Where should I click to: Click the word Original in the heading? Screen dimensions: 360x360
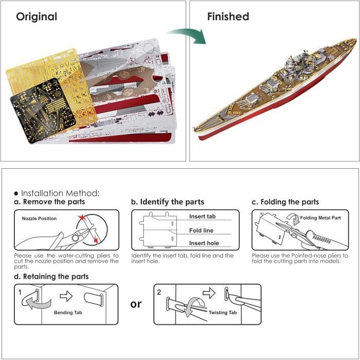click(x=37, y=17)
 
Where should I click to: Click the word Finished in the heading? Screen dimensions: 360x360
click(x=228, y=16)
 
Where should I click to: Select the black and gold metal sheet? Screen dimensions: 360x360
click(x=43, y=111)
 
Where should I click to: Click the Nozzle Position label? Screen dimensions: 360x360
click(x=39, y=219)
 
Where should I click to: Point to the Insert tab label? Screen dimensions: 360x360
click(x=202, y=217)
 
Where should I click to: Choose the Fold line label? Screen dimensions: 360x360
click(x=201, y=230)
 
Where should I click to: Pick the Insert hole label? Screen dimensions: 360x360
click(x=204, y=243)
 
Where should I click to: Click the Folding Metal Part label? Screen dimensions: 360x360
click(x=320, y=218)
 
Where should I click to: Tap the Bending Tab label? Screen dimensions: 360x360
click(x=68, y=313)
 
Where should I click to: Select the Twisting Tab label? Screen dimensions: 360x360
click(x=223, y=313)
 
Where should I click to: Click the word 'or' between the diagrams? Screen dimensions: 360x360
click(x=136, y=304)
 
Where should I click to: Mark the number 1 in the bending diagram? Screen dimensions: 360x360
click(x=20, y=292)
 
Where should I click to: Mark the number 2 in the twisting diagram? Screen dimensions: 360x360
click(x=159, y=292)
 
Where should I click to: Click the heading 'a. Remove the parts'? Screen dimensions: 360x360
click(x=49, y=202)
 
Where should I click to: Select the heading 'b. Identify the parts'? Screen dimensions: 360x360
click(x=168, y=202)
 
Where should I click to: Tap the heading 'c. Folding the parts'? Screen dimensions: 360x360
click(x=285, y=202)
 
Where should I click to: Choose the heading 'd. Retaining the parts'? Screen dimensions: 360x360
click(x=51, y=277)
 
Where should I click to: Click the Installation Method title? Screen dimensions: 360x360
click(x=60, y=193)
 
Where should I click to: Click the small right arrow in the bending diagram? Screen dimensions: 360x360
click(x=66, y=296)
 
